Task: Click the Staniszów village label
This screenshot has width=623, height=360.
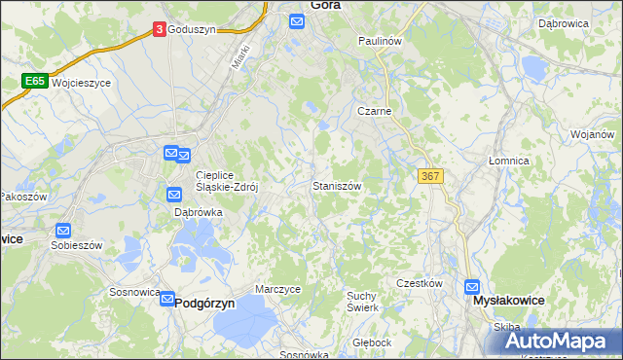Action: coord(337,185)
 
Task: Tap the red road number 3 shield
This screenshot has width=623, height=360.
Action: coord(159,30)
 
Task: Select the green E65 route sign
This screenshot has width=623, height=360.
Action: coord(36,82)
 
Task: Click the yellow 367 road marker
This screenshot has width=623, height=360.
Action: coord(430,175)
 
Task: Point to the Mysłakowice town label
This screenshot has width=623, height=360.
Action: coord(507,303)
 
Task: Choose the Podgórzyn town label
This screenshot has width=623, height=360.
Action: coord(205,304)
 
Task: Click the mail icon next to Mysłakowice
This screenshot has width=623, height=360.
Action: coord(472,287)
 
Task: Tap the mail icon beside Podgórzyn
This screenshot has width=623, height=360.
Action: coord(166,302)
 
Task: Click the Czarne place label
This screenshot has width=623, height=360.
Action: coord(374,111)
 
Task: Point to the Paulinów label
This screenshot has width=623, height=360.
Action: coord(380,41)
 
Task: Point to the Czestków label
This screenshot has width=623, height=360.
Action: coord(420,283)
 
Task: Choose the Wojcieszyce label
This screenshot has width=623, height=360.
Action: coord(83,84)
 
